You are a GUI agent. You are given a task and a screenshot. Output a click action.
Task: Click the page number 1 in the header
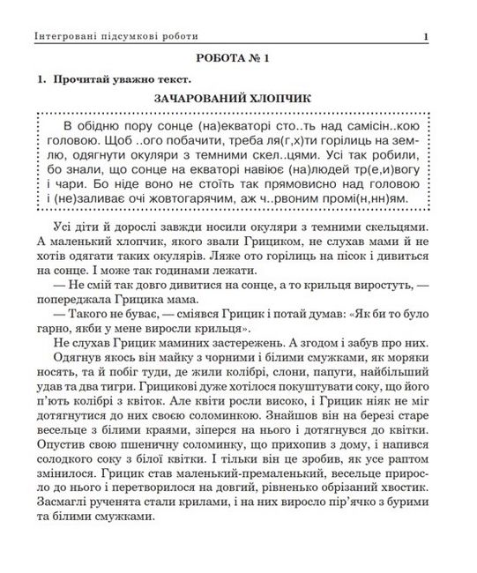click(x=426, y=36)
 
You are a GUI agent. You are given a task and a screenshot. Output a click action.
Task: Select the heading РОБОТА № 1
click(x=239, y=59)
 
